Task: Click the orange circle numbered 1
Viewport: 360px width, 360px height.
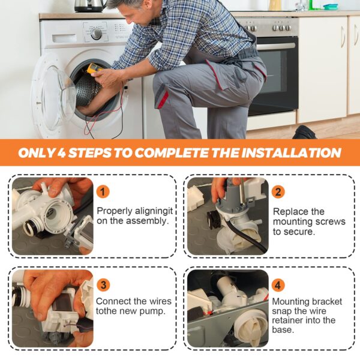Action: [103, 192]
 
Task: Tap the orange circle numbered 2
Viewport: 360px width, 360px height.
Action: [278, 192]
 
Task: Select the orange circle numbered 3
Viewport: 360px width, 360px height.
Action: [103, 285]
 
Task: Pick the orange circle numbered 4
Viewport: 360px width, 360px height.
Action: [278, 286]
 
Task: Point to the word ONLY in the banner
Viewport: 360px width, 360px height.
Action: [37, 152]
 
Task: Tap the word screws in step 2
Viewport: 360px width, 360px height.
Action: [331, 221]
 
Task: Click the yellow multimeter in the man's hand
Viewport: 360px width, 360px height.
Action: [94, 68]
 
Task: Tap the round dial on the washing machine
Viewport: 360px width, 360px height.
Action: [96, 34]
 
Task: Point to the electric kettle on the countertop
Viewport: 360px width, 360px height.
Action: [89, 6]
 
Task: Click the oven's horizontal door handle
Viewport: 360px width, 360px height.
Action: [276, 46]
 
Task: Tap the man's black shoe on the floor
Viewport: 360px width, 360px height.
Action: [305, 132]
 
